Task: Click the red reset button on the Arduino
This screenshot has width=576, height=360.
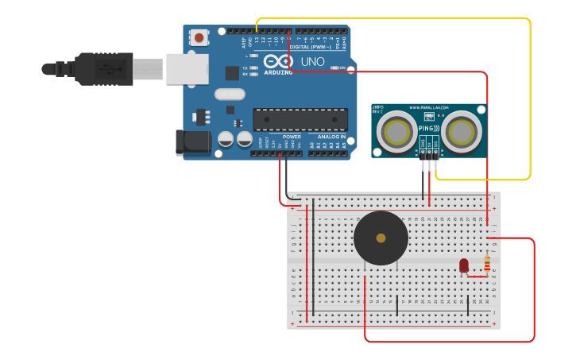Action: pos(198,37)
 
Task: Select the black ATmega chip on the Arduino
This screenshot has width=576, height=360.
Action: pos(300,119)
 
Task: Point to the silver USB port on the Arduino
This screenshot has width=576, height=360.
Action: pos(187,69)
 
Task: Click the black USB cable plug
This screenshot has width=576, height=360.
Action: pos(103,68)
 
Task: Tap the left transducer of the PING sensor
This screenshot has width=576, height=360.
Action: pos(395,130)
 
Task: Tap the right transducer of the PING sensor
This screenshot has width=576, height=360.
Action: pos(462,130)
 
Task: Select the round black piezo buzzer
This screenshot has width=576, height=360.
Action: pos(381,238)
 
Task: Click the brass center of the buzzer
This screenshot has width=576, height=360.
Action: pos(381,238)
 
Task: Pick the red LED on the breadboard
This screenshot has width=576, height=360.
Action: pos(464,265)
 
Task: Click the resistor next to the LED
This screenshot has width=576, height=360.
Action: pos(487,263)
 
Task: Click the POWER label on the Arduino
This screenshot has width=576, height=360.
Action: pos(292,136)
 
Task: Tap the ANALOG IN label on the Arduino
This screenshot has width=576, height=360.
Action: pos(332,136)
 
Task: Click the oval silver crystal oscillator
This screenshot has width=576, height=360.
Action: pos(230,94)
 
